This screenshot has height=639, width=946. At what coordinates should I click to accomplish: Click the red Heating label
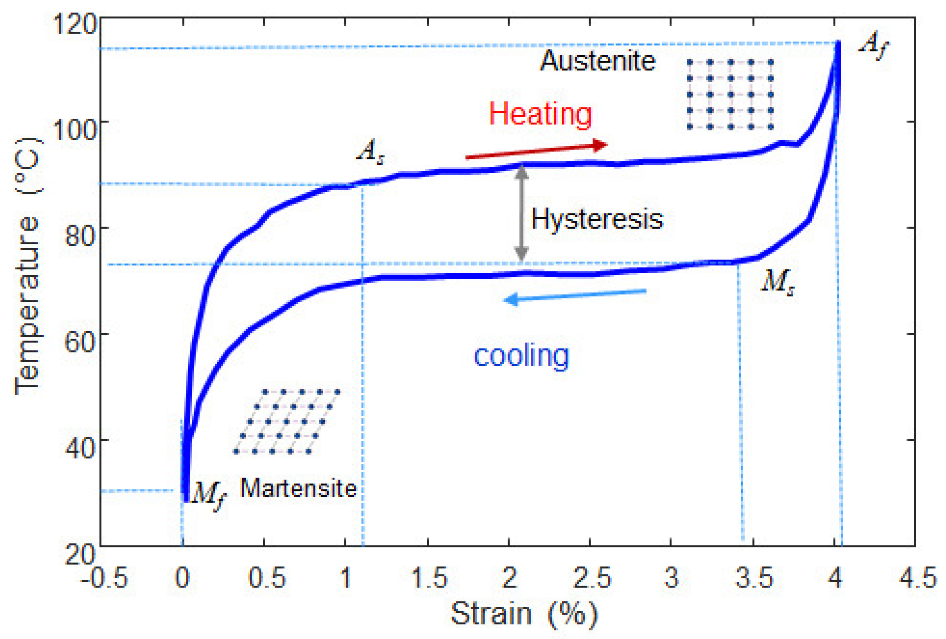[540, 114]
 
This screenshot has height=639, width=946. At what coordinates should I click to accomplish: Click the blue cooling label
[522, 356]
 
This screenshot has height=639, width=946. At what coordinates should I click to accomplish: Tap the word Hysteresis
[597, 219]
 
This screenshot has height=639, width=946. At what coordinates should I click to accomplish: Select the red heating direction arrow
[537, 151]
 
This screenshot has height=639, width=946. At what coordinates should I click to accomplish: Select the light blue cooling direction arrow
[575, 296]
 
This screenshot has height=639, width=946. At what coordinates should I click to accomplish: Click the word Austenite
[598, 61]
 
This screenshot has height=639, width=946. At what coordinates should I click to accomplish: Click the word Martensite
[298, 488]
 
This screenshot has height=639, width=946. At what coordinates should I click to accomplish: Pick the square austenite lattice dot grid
[730, 94]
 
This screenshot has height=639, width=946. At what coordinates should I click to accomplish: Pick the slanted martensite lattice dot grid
[287, 422]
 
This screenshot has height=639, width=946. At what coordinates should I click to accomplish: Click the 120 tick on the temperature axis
[75, 24]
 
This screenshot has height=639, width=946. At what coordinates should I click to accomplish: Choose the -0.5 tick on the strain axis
[104, 578]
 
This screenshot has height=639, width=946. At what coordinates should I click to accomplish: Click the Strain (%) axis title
[524, 614]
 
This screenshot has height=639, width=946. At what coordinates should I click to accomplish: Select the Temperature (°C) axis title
[28, 265]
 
